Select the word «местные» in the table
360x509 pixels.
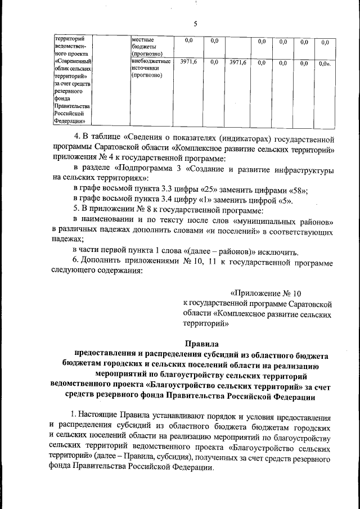[x=143, y=40]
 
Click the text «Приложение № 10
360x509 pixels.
[x=267, y=293]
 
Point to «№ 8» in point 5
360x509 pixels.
[x=138, y=210]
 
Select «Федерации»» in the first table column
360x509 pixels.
[x=70, y=120]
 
